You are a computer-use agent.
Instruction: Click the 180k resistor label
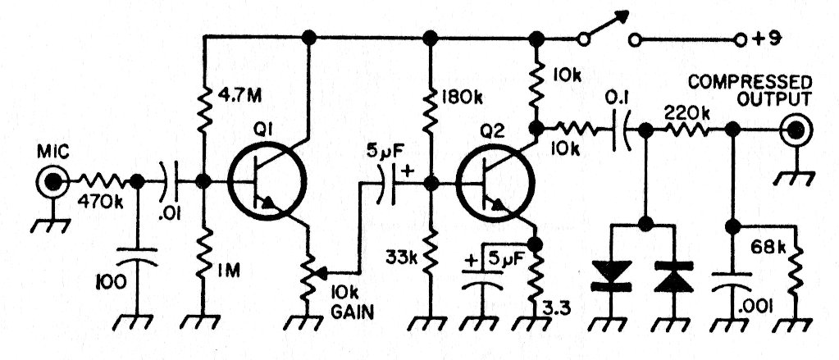click(x=460, y=98)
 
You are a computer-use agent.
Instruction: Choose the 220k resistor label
click(x=689, y=109)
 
